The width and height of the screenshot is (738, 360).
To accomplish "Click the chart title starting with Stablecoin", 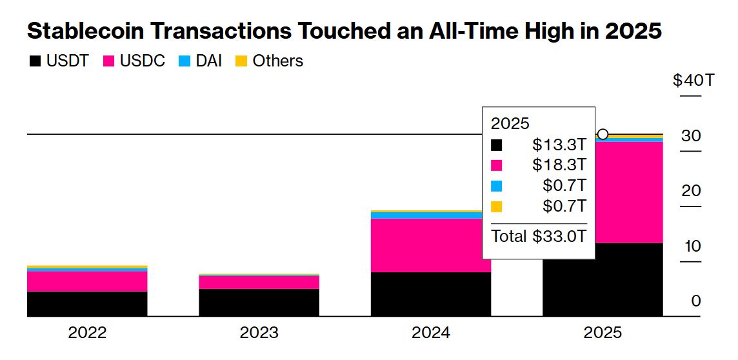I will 344,30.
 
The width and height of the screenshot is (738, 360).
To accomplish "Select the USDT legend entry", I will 59,61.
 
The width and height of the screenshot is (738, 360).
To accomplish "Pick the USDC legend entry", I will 134,61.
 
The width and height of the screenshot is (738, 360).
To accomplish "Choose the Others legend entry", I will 269,61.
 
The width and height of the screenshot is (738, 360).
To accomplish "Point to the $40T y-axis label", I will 693,81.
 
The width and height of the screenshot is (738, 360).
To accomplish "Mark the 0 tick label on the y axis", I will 696,301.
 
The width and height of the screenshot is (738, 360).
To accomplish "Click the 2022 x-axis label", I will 87,333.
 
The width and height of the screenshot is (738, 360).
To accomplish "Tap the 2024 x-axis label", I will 431,333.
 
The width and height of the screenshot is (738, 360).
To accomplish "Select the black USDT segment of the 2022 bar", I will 87,304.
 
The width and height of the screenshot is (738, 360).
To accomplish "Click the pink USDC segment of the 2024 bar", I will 431,245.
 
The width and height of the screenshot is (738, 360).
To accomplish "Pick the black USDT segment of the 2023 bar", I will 259,303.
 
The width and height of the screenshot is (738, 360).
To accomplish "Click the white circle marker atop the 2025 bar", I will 603,134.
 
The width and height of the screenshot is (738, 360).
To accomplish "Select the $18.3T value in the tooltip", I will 559,165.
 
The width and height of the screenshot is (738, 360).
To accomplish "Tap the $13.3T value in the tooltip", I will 559,144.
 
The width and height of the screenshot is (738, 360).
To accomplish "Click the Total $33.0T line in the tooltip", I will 539,236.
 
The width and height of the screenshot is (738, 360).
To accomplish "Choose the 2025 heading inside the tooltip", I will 510,123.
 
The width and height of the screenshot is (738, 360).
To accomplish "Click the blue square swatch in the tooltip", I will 496,186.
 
